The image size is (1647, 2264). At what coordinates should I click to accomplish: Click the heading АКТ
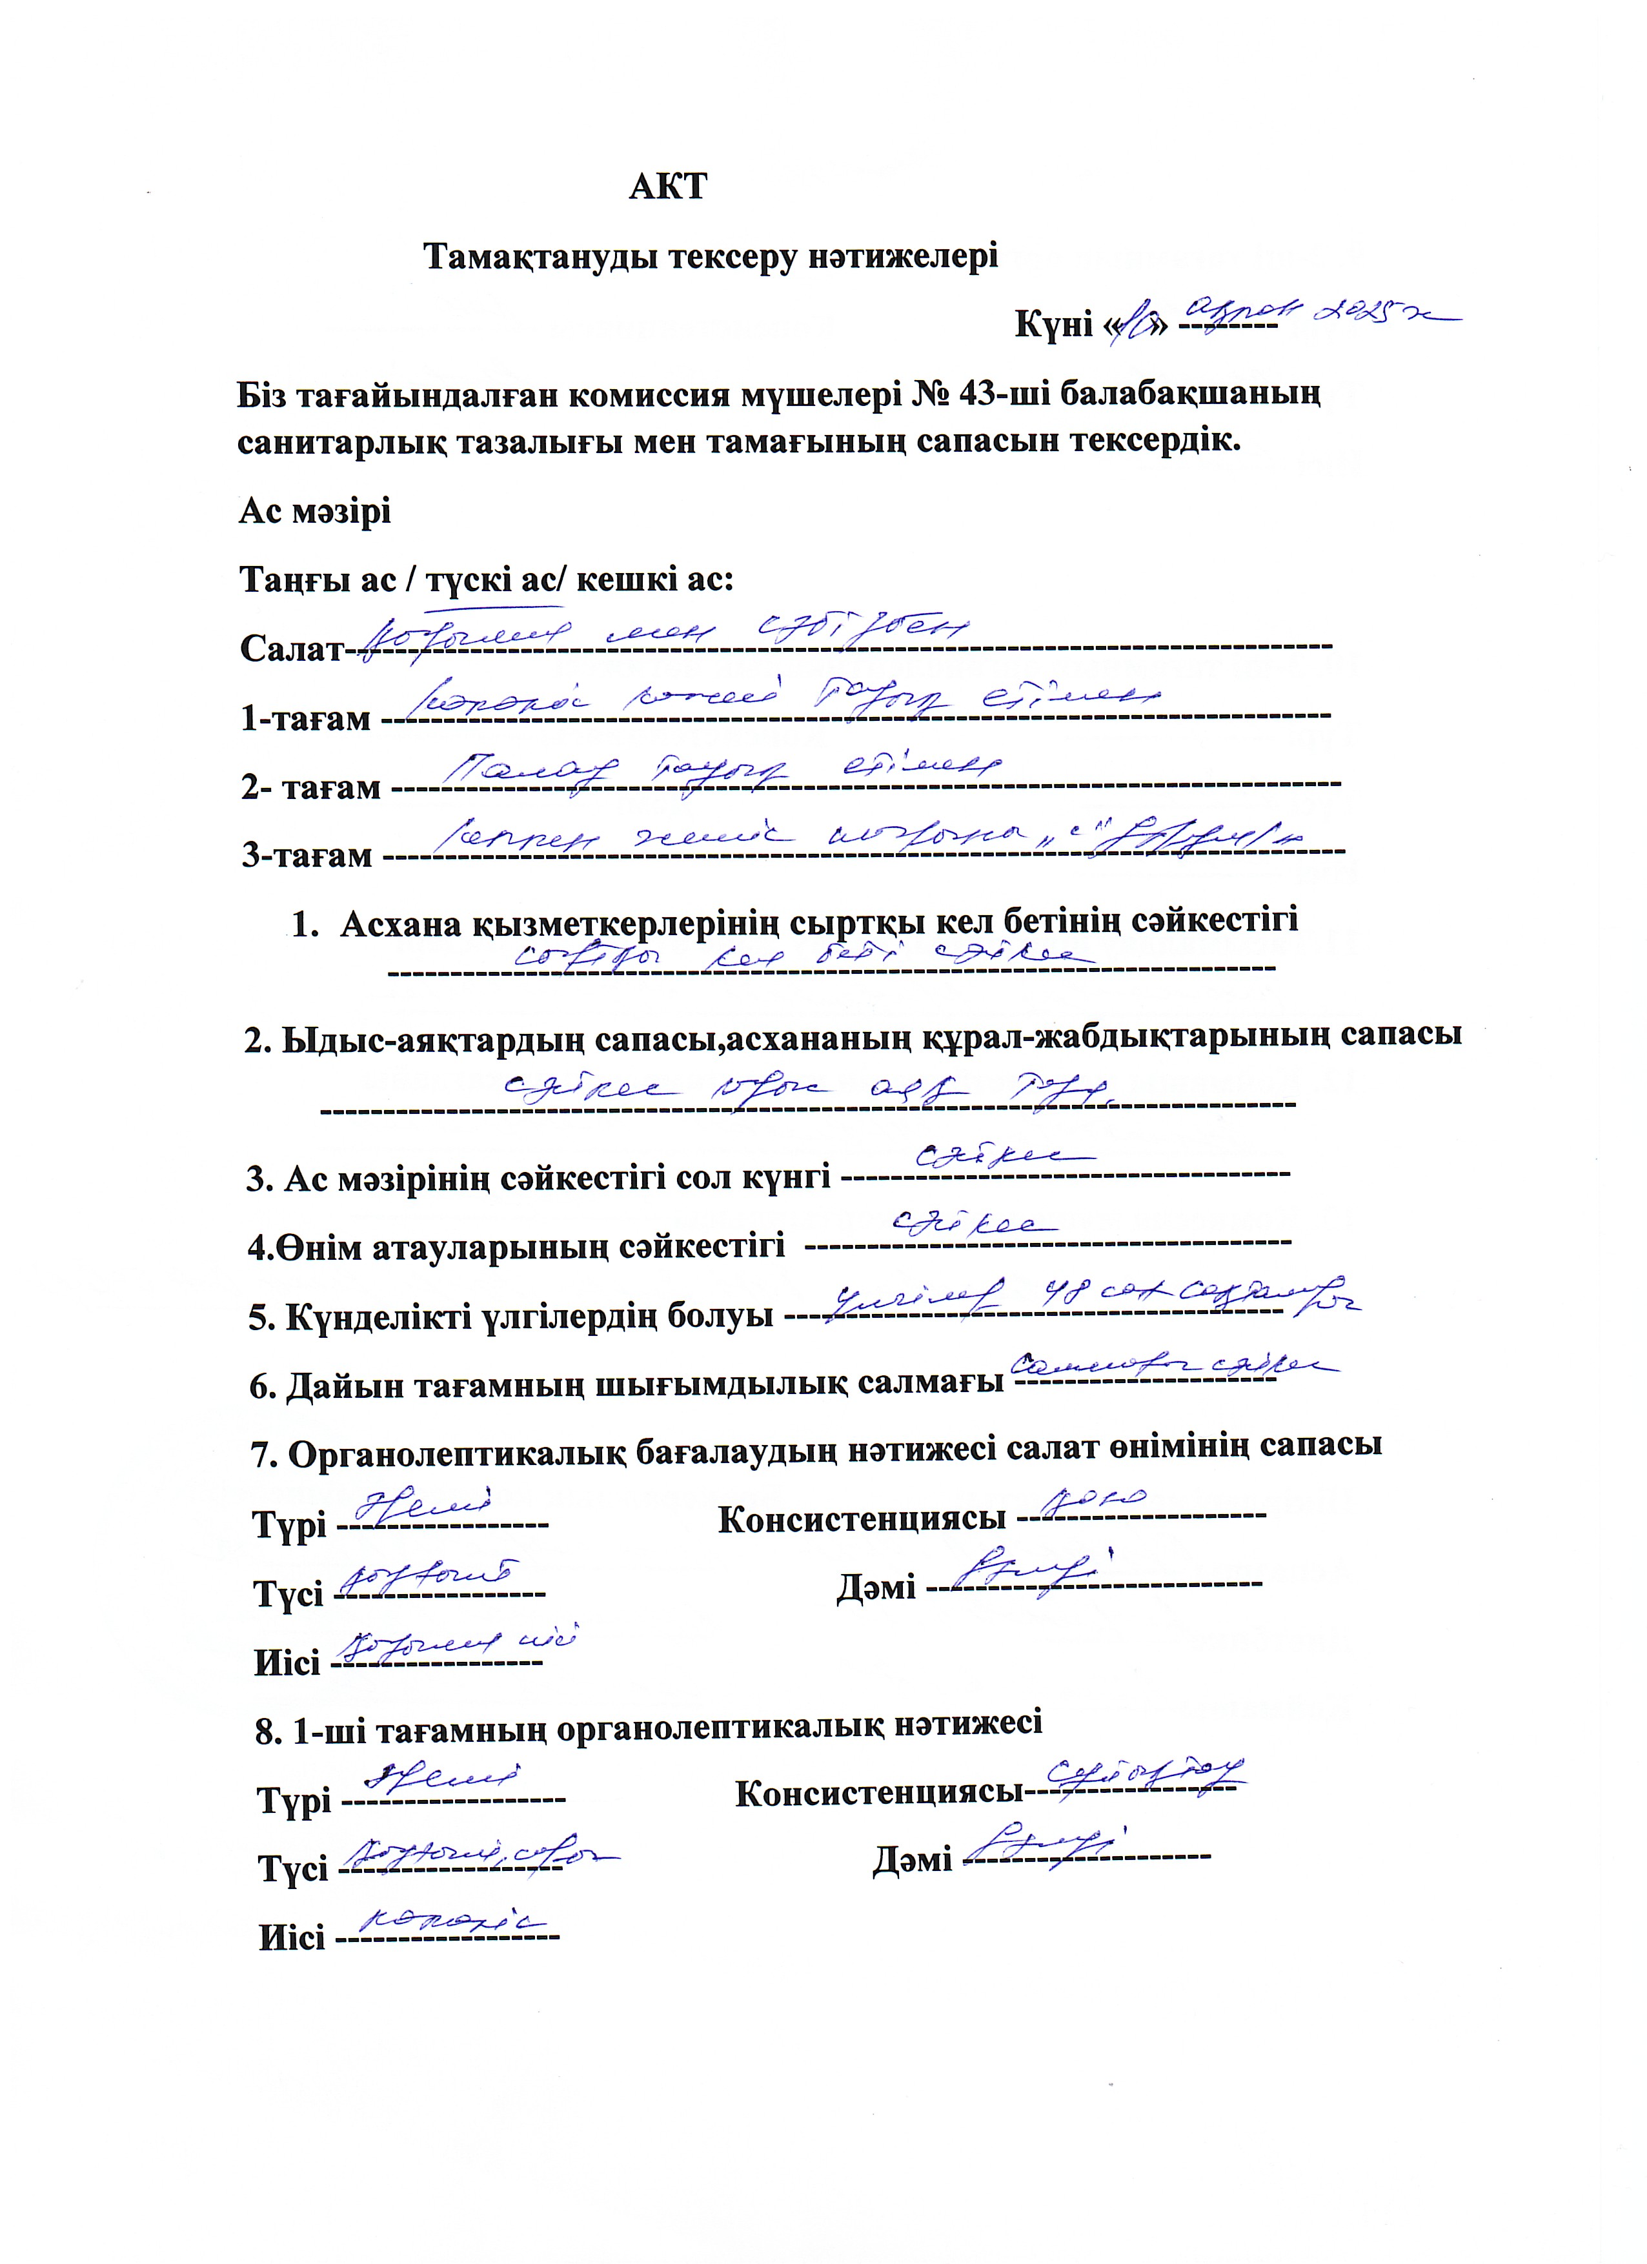(x=668, y=187)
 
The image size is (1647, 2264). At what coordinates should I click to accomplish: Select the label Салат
(x=290, y=650)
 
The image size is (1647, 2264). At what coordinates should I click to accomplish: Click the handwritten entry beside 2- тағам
(x=721, y=769)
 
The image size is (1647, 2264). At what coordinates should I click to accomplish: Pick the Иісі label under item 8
(x=292, y=1939)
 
